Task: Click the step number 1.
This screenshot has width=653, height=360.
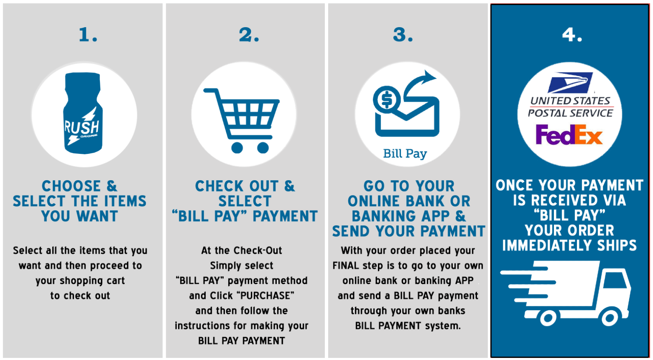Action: pyautogui.click(x=88, y=35)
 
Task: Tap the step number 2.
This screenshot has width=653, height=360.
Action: pyautogui.click(x=249, y=35)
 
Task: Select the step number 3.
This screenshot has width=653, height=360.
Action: pyautogui.click(x=403, y=35)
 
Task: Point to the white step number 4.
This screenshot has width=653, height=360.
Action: pyautogui.click(x=572, y=35)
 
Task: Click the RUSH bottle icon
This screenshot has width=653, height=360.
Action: pyautogui.click(x=83, y=113)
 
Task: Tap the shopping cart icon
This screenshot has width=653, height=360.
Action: pyautogui.click(x=241, y=120)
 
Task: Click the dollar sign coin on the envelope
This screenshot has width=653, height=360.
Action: pyautogui.click(x=387, y=100)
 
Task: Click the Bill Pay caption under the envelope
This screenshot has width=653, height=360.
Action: pyautogui.click(x=405, y=153)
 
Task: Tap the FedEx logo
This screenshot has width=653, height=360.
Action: pyautogui.click(x=569, y=134)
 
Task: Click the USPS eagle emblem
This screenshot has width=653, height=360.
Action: pyautogui.click(x=570, y=82)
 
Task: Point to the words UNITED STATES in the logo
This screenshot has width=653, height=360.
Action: pyautogui.click(x=570, y=101)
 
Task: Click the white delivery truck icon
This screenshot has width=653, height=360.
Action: pyautogui.click(x=565, y=293)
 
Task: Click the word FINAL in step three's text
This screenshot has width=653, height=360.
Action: pyautogui.click(x=346, y=266)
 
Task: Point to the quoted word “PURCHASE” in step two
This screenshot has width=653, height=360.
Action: pyautogui.click(x=266, y=295)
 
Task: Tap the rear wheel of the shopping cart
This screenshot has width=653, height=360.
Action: pyautogui.click(x=237, y=148)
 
